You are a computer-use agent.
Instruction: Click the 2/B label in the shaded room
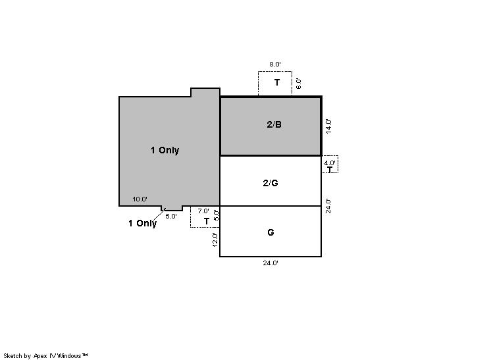(x=274, y=124)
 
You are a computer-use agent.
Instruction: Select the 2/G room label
(x=271, y=183)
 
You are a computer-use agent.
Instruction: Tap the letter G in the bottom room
(x=271, y=232)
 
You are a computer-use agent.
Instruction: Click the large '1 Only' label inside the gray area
(x=165, y=150)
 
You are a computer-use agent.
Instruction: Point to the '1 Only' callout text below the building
(x=142, y=223)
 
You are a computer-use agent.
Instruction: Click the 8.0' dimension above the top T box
(x=275, y=64)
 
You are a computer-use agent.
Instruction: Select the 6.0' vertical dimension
(x=298, y=84)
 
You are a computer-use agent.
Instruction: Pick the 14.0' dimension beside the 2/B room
(x=328, y=126)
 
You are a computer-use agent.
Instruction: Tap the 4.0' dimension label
(x=330, y=163)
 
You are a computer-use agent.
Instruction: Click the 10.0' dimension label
(x=140, y=199)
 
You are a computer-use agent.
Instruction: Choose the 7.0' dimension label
(x=203, y=211)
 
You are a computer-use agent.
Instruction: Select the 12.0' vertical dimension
(x=215, y=240)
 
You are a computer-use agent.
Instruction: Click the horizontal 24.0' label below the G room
(x=271, y=263)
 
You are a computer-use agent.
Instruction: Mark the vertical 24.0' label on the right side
(x=328, y=206)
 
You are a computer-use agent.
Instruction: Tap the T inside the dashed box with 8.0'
(x=277, y=82)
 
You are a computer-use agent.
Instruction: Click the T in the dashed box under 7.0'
(x=207, y=221)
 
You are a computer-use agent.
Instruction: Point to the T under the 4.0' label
(x=330, y=169)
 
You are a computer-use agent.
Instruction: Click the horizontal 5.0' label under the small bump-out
(x=171, y=216)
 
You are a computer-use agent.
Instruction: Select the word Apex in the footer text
(x=39, y=356)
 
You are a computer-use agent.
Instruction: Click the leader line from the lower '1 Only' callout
(x=159, y=215)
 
